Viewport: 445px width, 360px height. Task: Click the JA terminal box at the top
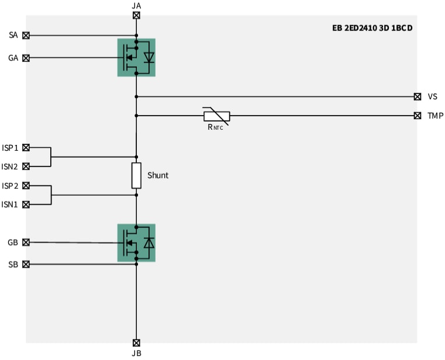click(136, 16)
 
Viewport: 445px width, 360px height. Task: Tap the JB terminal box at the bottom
click(136, 343)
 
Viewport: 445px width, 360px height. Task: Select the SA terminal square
click(26, 36)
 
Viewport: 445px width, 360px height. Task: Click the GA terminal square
click(26, 58)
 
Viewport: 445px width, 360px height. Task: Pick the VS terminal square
click(417, 96)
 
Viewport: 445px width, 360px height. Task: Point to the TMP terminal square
click(417, 116)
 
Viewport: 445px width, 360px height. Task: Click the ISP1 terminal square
click(26, 147)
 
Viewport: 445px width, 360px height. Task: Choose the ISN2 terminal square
click(26, 167)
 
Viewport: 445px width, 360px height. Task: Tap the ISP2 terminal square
click(26, 186)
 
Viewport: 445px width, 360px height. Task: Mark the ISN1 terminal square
click(26, 205)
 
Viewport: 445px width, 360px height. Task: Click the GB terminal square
click(26, 242)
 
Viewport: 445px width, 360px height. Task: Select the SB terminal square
click(26, 264)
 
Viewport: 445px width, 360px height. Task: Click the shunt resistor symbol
click(136, 176)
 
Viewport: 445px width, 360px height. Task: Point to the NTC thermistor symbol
click(216, 116)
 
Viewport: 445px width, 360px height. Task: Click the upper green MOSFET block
click(136, 57)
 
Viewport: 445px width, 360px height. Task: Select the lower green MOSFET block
click(136, 242)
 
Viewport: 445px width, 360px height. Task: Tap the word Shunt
click(158, 175)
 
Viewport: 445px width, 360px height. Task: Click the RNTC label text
click(215, 127)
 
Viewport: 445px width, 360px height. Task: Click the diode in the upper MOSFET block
click(149, 57)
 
